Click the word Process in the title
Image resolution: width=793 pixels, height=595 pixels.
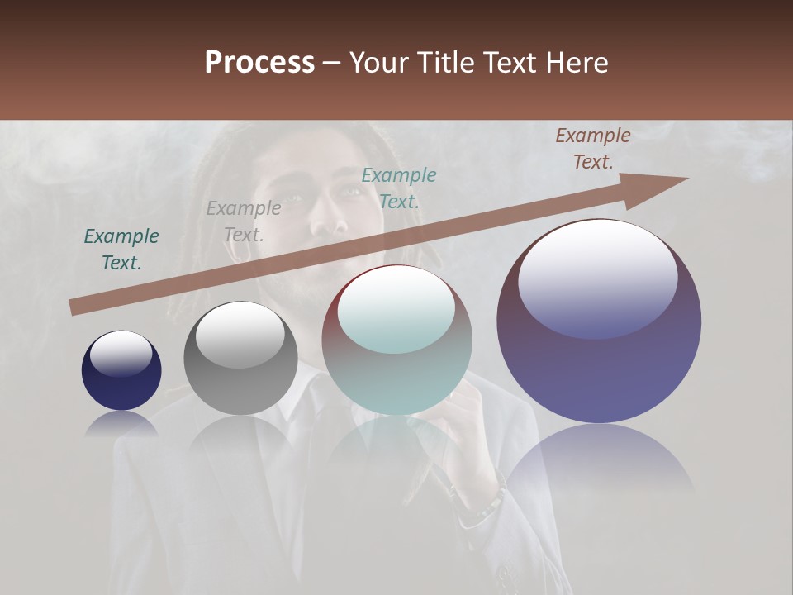259,63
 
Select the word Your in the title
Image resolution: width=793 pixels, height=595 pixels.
379,63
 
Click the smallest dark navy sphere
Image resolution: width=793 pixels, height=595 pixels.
121,371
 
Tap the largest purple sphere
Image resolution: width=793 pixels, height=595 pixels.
599,322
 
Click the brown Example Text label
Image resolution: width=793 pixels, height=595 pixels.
592,149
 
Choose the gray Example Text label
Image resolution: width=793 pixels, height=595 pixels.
244,221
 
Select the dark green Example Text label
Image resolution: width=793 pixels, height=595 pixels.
121,250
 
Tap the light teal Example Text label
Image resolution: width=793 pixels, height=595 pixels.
399,188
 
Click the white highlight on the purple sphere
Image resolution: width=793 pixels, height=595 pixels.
598,277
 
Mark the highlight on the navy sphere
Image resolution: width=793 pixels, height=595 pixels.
121,353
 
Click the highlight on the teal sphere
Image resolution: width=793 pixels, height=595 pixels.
396,311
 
